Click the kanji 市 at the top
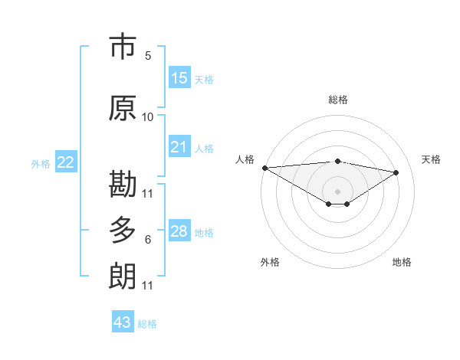123,47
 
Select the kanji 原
123,109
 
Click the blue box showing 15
179,78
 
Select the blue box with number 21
179,147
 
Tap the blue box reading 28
179,231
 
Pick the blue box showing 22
66,162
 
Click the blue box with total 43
123,322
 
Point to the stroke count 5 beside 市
148,56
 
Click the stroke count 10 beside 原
148,117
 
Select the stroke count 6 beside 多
148,240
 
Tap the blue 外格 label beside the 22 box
41,163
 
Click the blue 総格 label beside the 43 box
148,324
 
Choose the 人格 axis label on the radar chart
245,159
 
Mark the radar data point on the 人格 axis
264,168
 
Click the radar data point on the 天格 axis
396,172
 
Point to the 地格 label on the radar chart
402,262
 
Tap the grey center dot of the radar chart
337,190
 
